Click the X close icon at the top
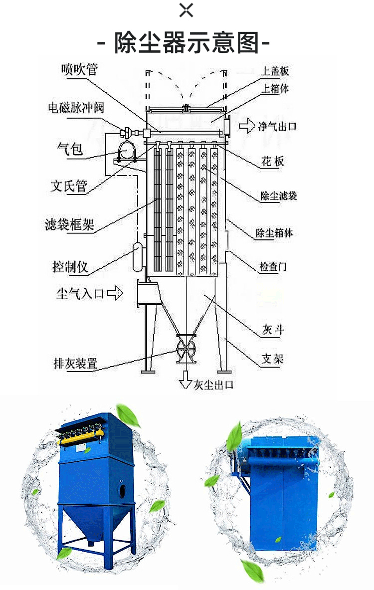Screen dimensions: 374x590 186,10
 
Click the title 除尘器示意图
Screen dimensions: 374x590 187,42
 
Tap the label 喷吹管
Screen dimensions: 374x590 79,69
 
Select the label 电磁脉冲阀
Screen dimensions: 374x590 76,108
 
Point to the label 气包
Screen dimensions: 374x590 70,149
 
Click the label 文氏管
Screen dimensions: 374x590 69,186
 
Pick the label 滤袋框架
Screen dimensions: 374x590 69,224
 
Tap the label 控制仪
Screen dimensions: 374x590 70,267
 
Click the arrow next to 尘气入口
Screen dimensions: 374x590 115,292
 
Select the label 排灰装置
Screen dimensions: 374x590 75,364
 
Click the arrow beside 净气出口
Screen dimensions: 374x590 247,126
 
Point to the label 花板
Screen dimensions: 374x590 272,162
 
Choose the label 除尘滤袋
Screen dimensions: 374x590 279,196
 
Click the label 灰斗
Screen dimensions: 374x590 273,330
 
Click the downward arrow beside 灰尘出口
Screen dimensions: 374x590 185,380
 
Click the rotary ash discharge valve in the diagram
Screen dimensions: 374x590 186,349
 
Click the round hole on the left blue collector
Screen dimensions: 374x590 123,491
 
